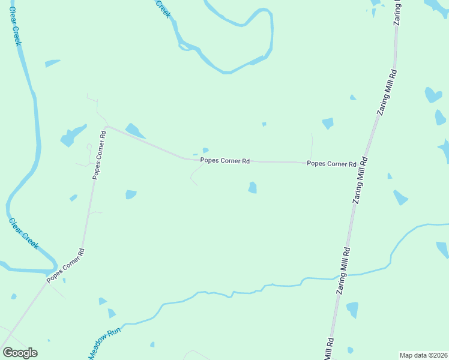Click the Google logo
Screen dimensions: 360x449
pyautogui.click(x=20, y=353)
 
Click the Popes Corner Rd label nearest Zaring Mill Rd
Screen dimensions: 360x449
pyautogui.click(x=331, y=163)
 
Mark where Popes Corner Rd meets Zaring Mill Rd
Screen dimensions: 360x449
pyautogui.click(x=361, y=163)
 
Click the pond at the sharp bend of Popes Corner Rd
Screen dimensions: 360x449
pyautogui.click(x=134, y=130)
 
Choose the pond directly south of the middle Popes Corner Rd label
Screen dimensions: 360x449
pyautogui.click(x=253, y=188)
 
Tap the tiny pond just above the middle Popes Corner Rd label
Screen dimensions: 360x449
pyautogui.click(x=205, y=150)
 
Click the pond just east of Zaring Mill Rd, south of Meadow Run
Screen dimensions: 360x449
pyautogui.click(x=352, y=310)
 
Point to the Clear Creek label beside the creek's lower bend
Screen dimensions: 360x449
pyautogui.click(x=23, y=233)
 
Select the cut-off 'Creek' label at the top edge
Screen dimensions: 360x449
pyautogui.click(x=163, y=8)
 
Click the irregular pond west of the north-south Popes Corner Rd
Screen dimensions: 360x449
pyautogui.click(x=72, y=136)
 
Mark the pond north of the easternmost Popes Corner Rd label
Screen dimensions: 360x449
pyautogui.click(x=328, y=123)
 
